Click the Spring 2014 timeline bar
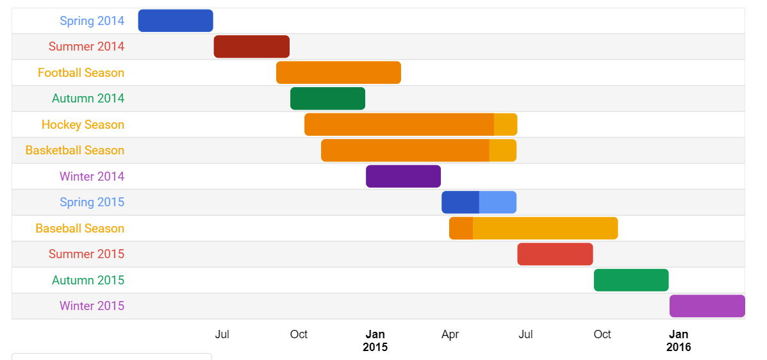click(x=176, y=20)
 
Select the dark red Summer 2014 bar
click(x=252, y=47)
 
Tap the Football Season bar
click(x=338, y=72)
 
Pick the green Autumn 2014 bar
click(x=327, y=99)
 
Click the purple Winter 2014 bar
click(x=403, y=176)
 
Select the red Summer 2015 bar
click(x=555, y=254)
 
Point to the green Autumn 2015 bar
click(x=631, y=280)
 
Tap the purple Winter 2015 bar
click(x=707, y=306)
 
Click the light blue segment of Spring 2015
click(x=498, y=202)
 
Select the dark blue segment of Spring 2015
click(x=460, y=202)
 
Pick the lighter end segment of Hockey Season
click(x=506, y=124)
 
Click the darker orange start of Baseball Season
click(x=461, y=228)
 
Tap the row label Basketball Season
click(x=75, y=151)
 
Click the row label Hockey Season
click(x=83, y=124)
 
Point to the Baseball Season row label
click(x=79, y=228)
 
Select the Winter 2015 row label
click(x=92, y=306)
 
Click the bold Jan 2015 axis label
click(x=375, y=341)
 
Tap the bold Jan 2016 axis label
click(x=679, y=341)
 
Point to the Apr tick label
click(x=450, y=334)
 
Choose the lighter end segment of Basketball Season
click(x=502, y=151)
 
